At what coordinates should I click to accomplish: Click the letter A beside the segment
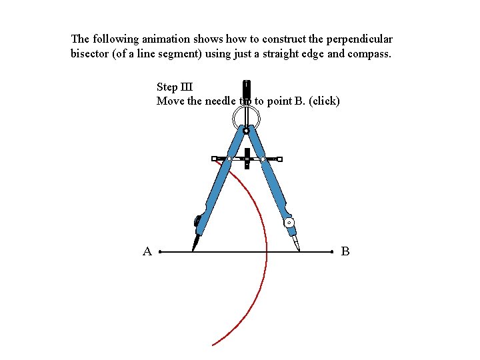[147, 251]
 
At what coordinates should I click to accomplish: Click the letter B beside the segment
[345, 251]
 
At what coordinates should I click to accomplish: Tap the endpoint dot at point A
[161, 253]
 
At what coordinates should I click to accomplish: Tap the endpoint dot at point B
[332, 253]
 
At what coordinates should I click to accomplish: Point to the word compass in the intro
[369, 53]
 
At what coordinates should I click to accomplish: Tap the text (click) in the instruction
[325, 101]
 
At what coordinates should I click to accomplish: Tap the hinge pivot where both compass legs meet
[246, 131]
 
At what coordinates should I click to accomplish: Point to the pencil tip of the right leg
[298, 249]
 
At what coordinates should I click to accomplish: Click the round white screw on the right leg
[289, 223]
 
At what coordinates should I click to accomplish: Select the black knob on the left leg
[197, 220]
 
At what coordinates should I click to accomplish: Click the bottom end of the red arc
[213, 345]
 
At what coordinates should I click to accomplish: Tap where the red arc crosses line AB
[267, 253]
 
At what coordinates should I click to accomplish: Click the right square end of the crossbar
[280, 159]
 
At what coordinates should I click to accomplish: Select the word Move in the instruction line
[170, 101]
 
